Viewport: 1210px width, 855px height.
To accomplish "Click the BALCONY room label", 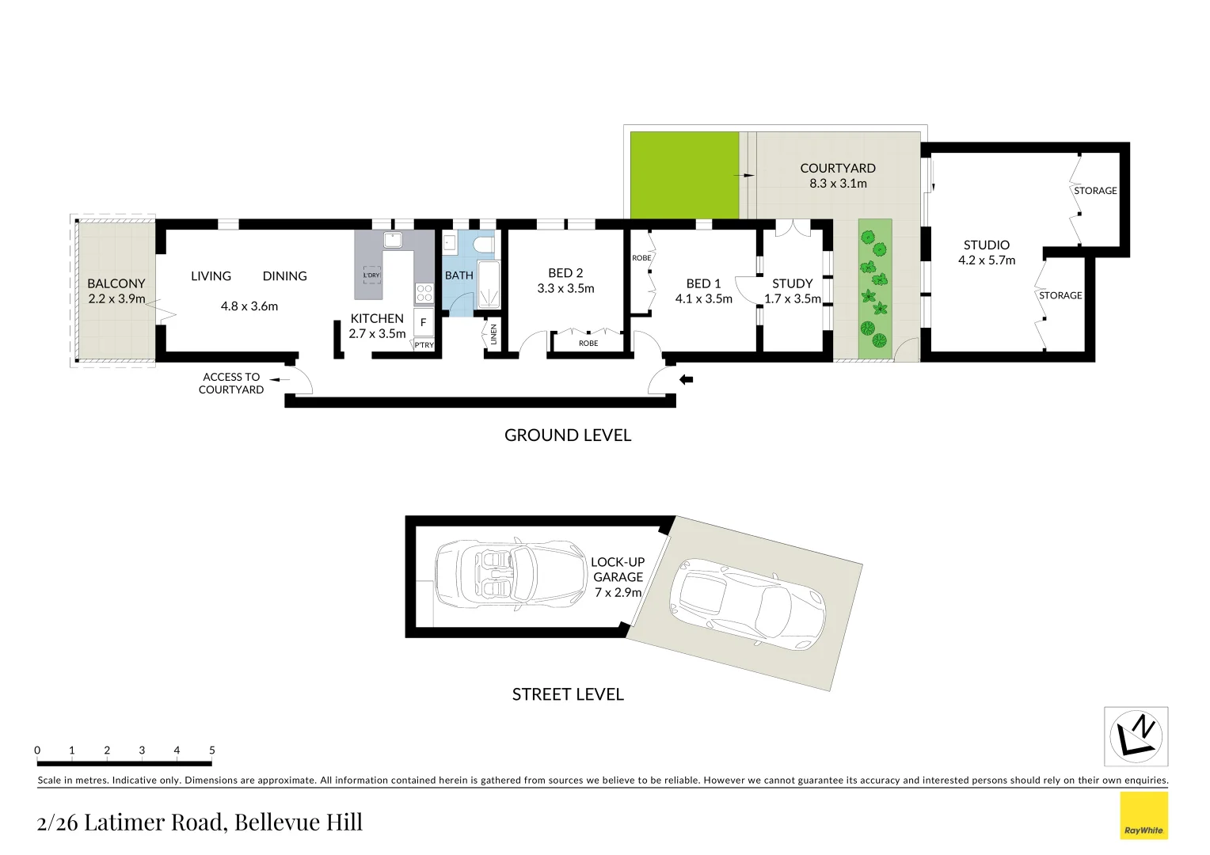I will tap(116, 283).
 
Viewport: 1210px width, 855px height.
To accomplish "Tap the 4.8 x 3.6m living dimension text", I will tap(249, 306).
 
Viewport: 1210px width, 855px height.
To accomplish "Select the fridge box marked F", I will tap(424, 322).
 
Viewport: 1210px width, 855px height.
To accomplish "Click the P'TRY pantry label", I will tap(424, 345).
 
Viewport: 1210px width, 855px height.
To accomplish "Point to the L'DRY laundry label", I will tap(372, 275).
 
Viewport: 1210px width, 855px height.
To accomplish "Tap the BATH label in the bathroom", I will tap(459, 275).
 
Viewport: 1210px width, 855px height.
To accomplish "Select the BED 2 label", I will tap(565, 273).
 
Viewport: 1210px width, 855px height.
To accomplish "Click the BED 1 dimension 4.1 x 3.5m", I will tap(703, 299).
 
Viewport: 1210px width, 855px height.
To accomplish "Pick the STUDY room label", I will tap(792, 283).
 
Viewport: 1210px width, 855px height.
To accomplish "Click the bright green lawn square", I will tap(684, 175).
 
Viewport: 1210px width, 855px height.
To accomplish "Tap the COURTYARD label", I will tap(838, 169).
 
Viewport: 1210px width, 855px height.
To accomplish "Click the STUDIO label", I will tap(986, 245).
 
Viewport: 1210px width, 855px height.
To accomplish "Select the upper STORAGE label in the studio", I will tap(1095, 191).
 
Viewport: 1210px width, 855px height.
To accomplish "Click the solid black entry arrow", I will tap(687, 380).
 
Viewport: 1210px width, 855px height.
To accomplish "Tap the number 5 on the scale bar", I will tap(211, 750).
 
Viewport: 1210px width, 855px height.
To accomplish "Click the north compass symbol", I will tap(1136, 736).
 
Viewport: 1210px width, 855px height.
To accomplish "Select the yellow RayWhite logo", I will tap(1143, 815).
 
